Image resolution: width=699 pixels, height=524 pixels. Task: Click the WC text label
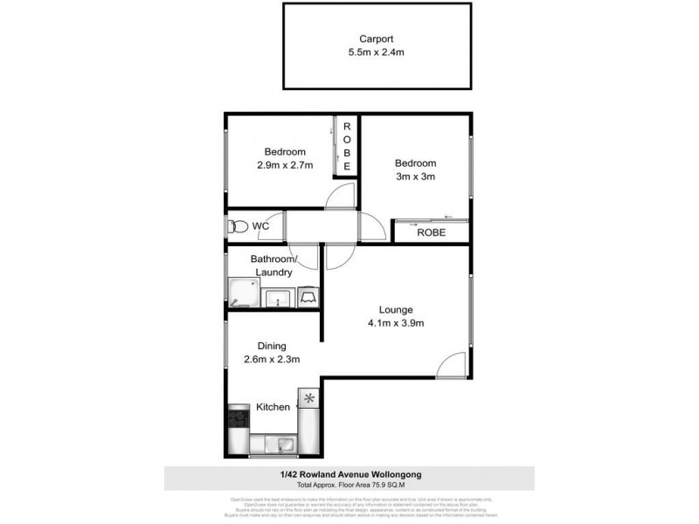pyautogui.click(x=260, y=227)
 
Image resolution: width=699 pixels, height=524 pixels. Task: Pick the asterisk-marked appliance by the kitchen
pyautogui.click(x=309, y=399)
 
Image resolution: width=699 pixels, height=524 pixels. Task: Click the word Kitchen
pyautogui.click(x=273, y=407)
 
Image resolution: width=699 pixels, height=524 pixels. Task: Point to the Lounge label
pyautogui.click(x=395, y=310)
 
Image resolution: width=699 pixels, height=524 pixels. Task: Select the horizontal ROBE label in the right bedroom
pyautogui.click(x=431, y=232)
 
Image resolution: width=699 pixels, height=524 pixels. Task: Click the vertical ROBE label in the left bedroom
pyautogui.click(x=347, y=146)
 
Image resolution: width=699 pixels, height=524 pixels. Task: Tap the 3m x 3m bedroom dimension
pyautogui.click(x=414, y=176)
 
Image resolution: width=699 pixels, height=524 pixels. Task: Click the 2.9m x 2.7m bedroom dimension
pyautogui.click(x=281, y=165)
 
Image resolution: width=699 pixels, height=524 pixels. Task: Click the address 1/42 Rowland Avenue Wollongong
pyautogui.click(x=350, y=474)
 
